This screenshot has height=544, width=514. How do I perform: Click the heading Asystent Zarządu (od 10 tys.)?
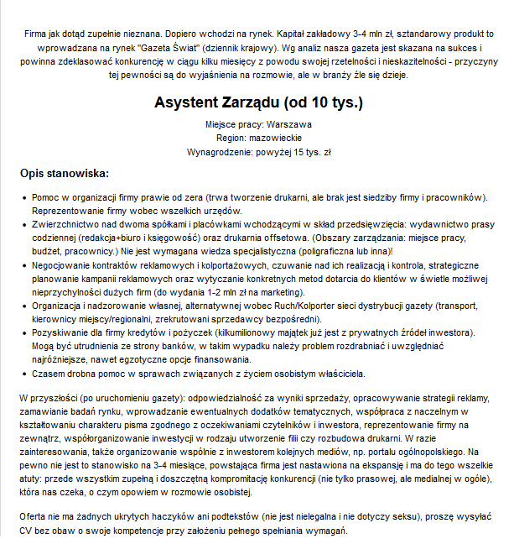(257, 102)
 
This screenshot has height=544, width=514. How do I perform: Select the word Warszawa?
(288, 124)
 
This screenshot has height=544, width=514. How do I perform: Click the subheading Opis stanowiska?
(64, 174)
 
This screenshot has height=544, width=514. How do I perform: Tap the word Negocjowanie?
(64, 264)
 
